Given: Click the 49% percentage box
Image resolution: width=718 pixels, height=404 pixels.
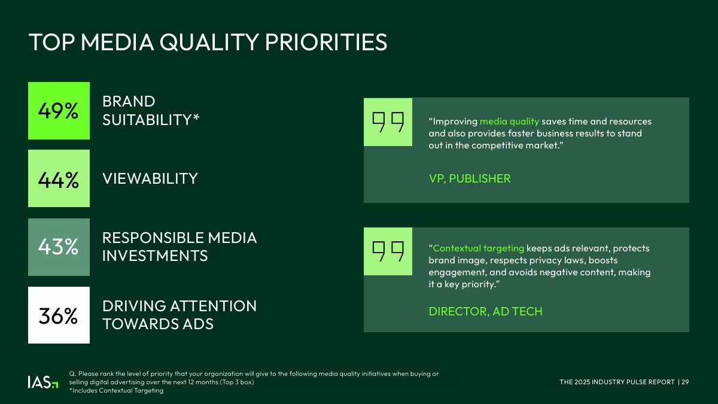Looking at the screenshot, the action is [59, 111].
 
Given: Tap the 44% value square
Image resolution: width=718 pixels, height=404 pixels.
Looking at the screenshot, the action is [59, 178].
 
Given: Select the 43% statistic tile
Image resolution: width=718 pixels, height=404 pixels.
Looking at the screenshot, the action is [59, 247].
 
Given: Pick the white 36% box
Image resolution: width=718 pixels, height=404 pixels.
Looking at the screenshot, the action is [59, 315].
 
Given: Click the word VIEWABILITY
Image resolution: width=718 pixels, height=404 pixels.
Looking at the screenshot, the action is [150, 178].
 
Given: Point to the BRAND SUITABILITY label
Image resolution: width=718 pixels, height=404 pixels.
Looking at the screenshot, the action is [151, 111].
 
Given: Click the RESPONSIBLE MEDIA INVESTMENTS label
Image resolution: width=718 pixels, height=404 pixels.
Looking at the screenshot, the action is [180, 247].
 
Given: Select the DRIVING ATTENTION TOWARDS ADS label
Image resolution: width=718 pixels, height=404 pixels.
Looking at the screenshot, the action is [180, 315].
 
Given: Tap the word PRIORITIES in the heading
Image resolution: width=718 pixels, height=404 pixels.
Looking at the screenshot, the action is [326, 42].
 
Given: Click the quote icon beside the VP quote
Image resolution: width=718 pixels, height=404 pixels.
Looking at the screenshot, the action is [388, 122].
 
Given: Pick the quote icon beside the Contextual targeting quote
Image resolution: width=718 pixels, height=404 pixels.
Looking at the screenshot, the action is [388, 251].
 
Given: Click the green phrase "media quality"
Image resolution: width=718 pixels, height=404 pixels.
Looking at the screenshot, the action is [509, 121].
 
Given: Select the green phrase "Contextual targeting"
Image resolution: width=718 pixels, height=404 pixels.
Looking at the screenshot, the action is [479, 248].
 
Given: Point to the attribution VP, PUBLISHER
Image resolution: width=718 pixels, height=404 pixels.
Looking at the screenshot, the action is [470, 178].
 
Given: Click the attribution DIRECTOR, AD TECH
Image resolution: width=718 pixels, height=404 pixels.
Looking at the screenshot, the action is [486, 311].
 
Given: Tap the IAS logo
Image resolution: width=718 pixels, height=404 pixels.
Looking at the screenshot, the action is [43, 382].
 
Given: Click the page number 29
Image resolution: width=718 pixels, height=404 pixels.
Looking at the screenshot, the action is [685, 382].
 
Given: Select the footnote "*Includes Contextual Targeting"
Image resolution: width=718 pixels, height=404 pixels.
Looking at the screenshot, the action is [116, 390].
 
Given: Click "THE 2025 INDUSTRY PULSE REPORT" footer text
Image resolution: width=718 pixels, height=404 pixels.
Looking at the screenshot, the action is [617, 382].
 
